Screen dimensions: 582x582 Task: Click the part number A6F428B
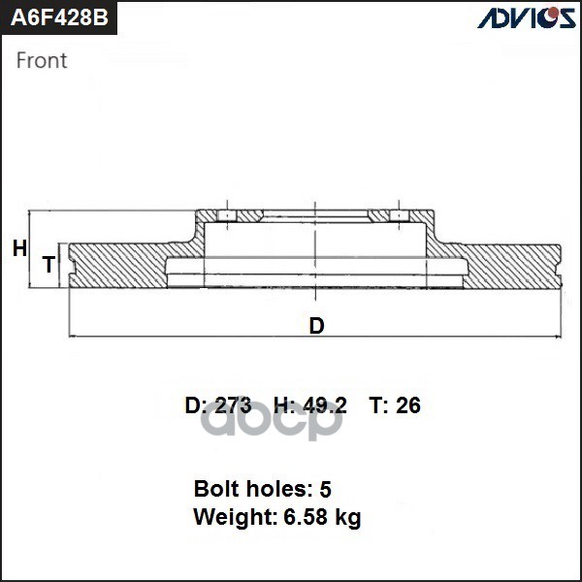(x=59, y=17)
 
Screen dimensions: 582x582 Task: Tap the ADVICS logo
(x=527, y=17)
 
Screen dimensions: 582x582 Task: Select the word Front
(x=42, y=60)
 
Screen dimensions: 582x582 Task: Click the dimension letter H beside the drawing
(x=19, y=248)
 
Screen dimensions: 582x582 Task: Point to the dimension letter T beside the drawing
(x=48, y=265)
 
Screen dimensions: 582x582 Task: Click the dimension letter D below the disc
(x=316, y=326)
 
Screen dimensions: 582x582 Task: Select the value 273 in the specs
(x=233, y=404)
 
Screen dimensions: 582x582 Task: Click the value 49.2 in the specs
(x=325, y=404)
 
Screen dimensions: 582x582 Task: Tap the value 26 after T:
(x=408, y=404)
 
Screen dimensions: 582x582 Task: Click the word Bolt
(x=215, y=489)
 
